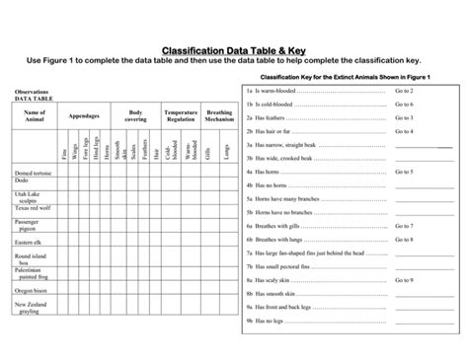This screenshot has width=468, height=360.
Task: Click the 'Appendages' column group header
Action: pyautogui.click(x=84, y=117)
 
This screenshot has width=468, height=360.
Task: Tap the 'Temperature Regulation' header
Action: pyautogui.click(x=181, y=117)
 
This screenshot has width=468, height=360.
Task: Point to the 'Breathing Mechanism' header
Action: pyautogui.click(x=220, y=117)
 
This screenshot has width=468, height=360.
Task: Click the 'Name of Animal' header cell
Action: pyautogui.click(x=36, y=117)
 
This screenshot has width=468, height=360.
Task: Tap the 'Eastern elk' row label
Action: pyautogui.click(x=29, y=242)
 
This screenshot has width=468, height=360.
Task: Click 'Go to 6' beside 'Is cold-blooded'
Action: pyautogui.click(x=404, y=104)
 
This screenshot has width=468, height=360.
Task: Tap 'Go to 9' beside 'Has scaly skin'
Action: pyautogui.click(x=404, y=280)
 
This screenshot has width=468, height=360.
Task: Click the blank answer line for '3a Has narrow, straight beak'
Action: pyautogui.click(x=424, y=146)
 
